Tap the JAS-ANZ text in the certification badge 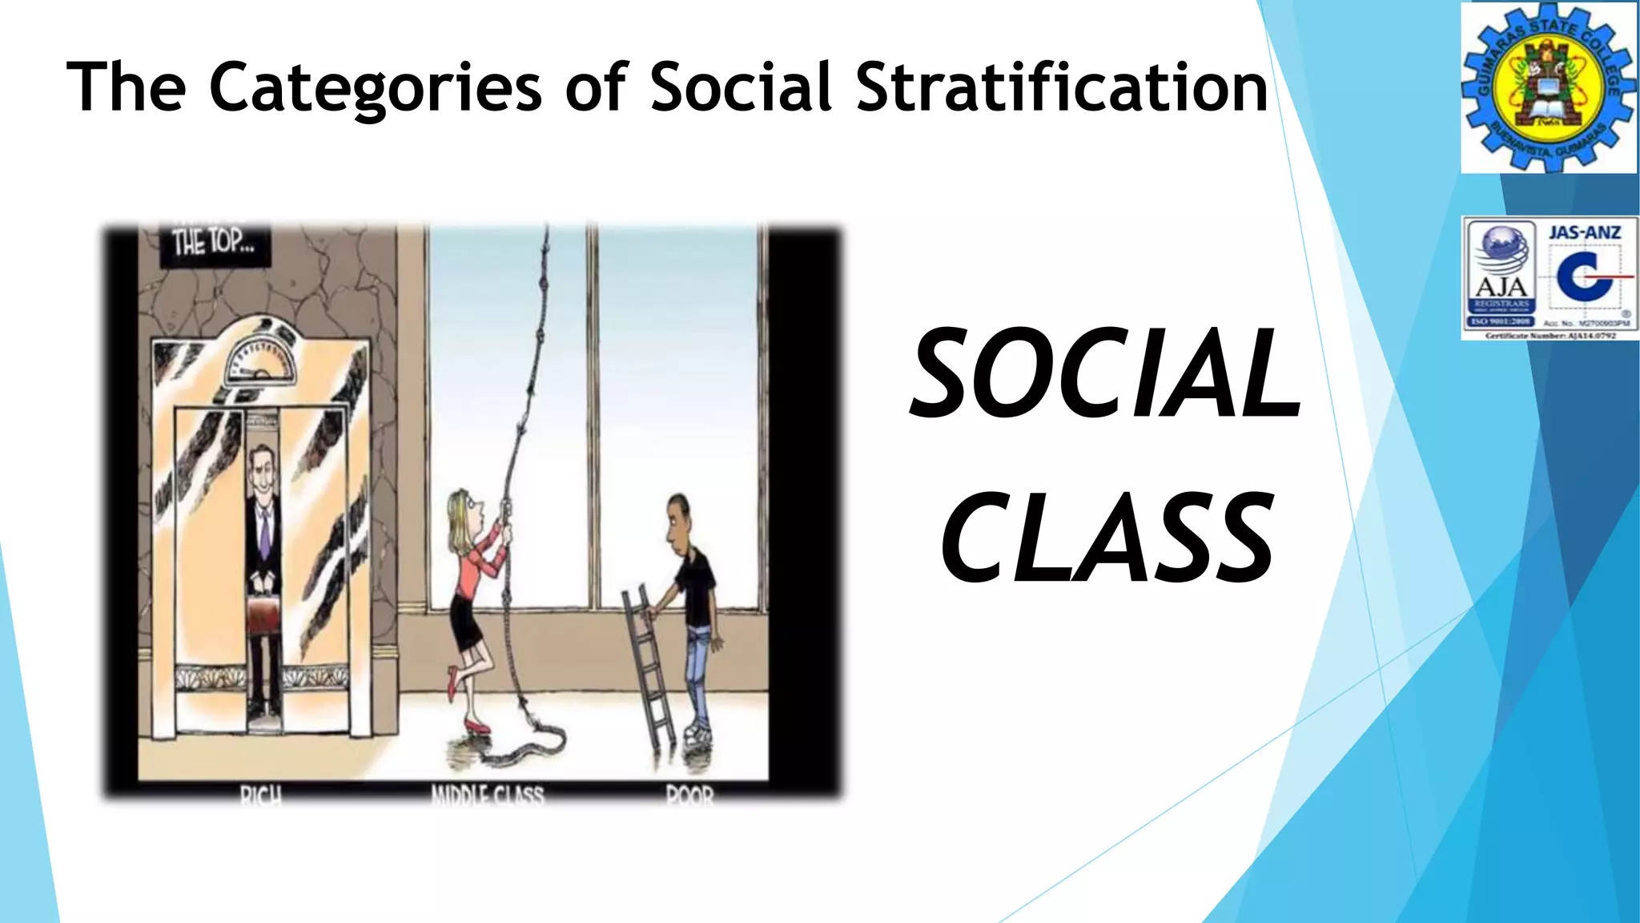click(x=1585, y=232)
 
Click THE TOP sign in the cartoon click(x=212, y=241)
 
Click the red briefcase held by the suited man click(x=263, y=613)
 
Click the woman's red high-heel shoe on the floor click(x=477, y=727)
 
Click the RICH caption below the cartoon click(x=261, y=796)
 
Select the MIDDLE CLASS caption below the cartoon click(x=487, y=796)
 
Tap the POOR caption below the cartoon click(x=689, y=796)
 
